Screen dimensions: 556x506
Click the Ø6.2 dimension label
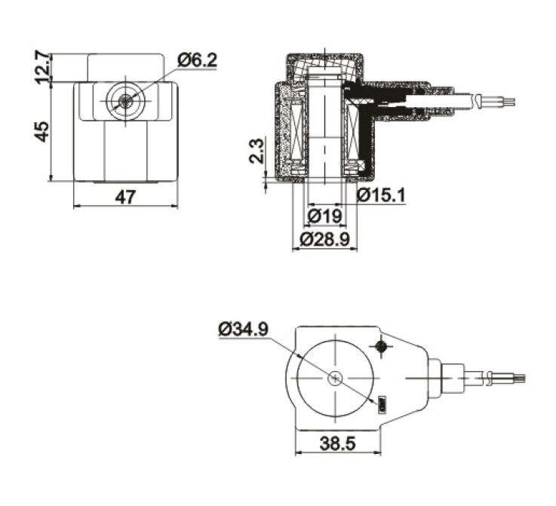click(x=197, y=60)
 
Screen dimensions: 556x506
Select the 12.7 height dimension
click(x=43, y=67)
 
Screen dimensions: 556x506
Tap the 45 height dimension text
click(x=43, y=131)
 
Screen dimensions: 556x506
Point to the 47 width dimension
click(x=125, y=197)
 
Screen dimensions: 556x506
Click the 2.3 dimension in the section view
click(x=256, y=151)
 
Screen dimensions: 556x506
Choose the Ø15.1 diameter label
click(x=381, y=195)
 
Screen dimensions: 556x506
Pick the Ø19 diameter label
click(x=325, y=216)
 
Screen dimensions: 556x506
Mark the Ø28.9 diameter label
click(x=325, y=240)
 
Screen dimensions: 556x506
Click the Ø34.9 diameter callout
click(x=243, y=330)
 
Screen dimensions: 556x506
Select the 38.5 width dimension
click(x=337, y=443)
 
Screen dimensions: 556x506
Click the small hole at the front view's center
click(x=125, y=100)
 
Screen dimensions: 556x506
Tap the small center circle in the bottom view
click(x=335, y=379)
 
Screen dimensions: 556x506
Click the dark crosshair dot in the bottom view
click(x=382, y=346)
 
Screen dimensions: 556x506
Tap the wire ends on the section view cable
click(x=508, y=102)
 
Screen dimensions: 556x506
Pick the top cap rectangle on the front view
click(x=125, y=68)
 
